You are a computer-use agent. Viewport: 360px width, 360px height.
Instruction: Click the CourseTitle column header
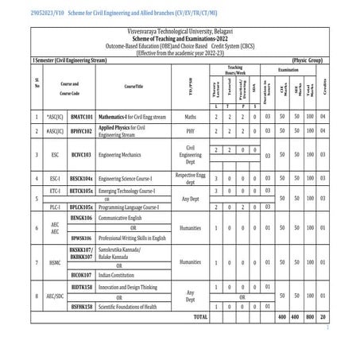click(133, 85)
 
